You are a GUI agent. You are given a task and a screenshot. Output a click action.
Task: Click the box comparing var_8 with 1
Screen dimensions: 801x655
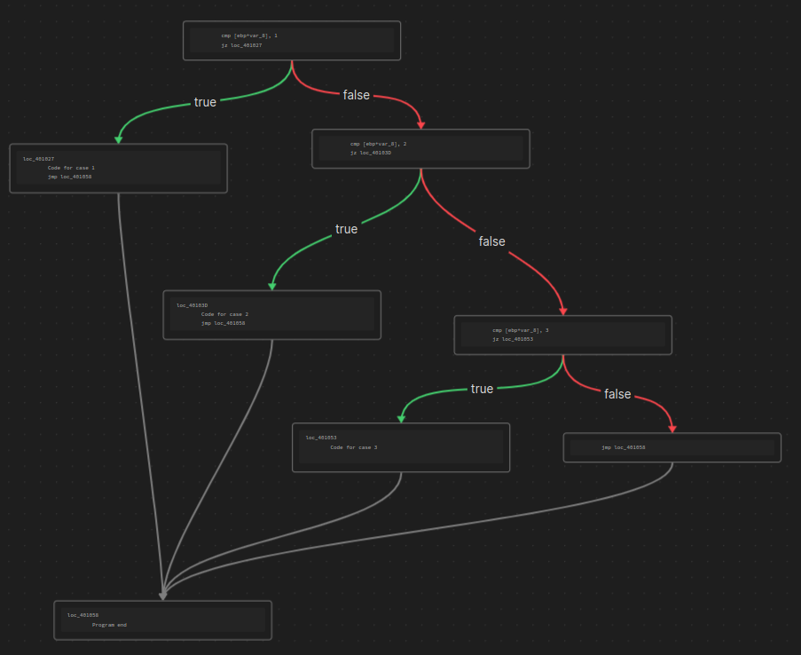(x=291, y=41)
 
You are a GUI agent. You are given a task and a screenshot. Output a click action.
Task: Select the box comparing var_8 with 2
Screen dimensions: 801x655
(x=420, y=148)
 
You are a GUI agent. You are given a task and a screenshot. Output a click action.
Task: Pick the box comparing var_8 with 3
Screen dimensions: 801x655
(x=562, y=335)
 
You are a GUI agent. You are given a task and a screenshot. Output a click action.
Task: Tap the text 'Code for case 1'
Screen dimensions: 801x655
(x=71, y=168)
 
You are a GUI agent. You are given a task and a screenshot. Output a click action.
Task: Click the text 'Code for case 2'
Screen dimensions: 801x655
(x=224, y=314)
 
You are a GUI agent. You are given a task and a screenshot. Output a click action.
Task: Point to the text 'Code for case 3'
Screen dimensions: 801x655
(x=354, y=447)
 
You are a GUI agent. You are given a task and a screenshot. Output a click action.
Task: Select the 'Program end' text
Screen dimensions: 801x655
(x=109, y=625)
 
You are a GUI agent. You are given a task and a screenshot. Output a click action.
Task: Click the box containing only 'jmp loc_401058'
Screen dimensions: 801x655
(x=671, y=447)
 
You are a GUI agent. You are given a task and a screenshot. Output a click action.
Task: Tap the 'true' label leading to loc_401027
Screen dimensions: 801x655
(x=205, y=102)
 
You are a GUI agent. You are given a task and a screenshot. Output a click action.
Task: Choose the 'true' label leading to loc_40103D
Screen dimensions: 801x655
(x=346, y=229)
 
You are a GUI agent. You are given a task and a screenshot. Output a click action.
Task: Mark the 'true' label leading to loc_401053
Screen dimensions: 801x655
(x=482, y=389)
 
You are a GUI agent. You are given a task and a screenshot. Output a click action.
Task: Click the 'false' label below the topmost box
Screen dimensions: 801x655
(x=357, y=95)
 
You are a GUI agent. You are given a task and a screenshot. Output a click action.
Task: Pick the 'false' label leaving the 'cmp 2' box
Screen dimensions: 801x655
(x=491, y=241)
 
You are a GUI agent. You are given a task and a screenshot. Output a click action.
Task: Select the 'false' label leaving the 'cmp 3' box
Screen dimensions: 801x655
(x=617, y=394)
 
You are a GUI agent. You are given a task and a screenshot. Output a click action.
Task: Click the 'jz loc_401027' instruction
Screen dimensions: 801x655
(x=241, y=44)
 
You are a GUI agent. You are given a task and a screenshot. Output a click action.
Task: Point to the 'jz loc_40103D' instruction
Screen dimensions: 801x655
(x=371, y=153)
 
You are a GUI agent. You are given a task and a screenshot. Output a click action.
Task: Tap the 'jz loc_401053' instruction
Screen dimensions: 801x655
(x=513, y=339)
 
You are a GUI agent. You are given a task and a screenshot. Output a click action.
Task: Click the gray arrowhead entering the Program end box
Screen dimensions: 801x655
(x=162, y=596)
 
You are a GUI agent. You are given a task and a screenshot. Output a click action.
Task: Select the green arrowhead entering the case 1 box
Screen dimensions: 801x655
(x=118, y=139)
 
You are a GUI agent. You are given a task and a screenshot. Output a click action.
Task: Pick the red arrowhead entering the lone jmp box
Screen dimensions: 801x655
(x=672, y=429)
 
